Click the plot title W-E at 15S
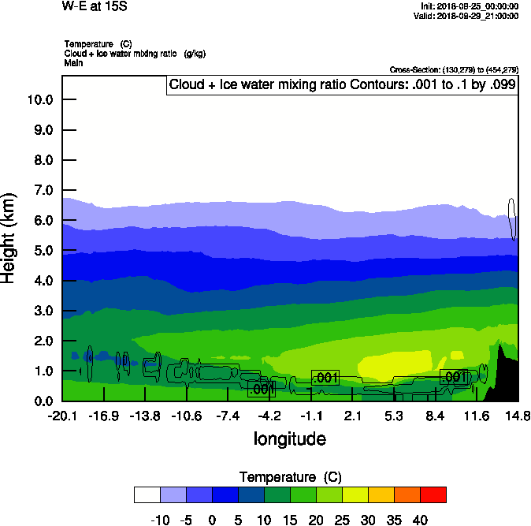(95, 6)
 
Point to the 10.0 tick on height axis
(39, 100)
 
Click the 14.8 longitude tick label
(518, 416)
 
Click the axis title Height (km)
(9, 237)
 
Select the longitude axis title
(289, 438)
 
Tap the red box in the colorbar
(433, 494)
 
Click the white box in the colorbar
(147, 494)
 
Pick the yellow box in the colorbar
(355, 494)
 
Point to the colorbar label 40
(420, 520)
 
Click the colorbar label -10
(160, 520)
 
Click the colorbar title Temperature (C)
(289, 477)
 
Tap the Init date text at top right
(470, 6)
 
